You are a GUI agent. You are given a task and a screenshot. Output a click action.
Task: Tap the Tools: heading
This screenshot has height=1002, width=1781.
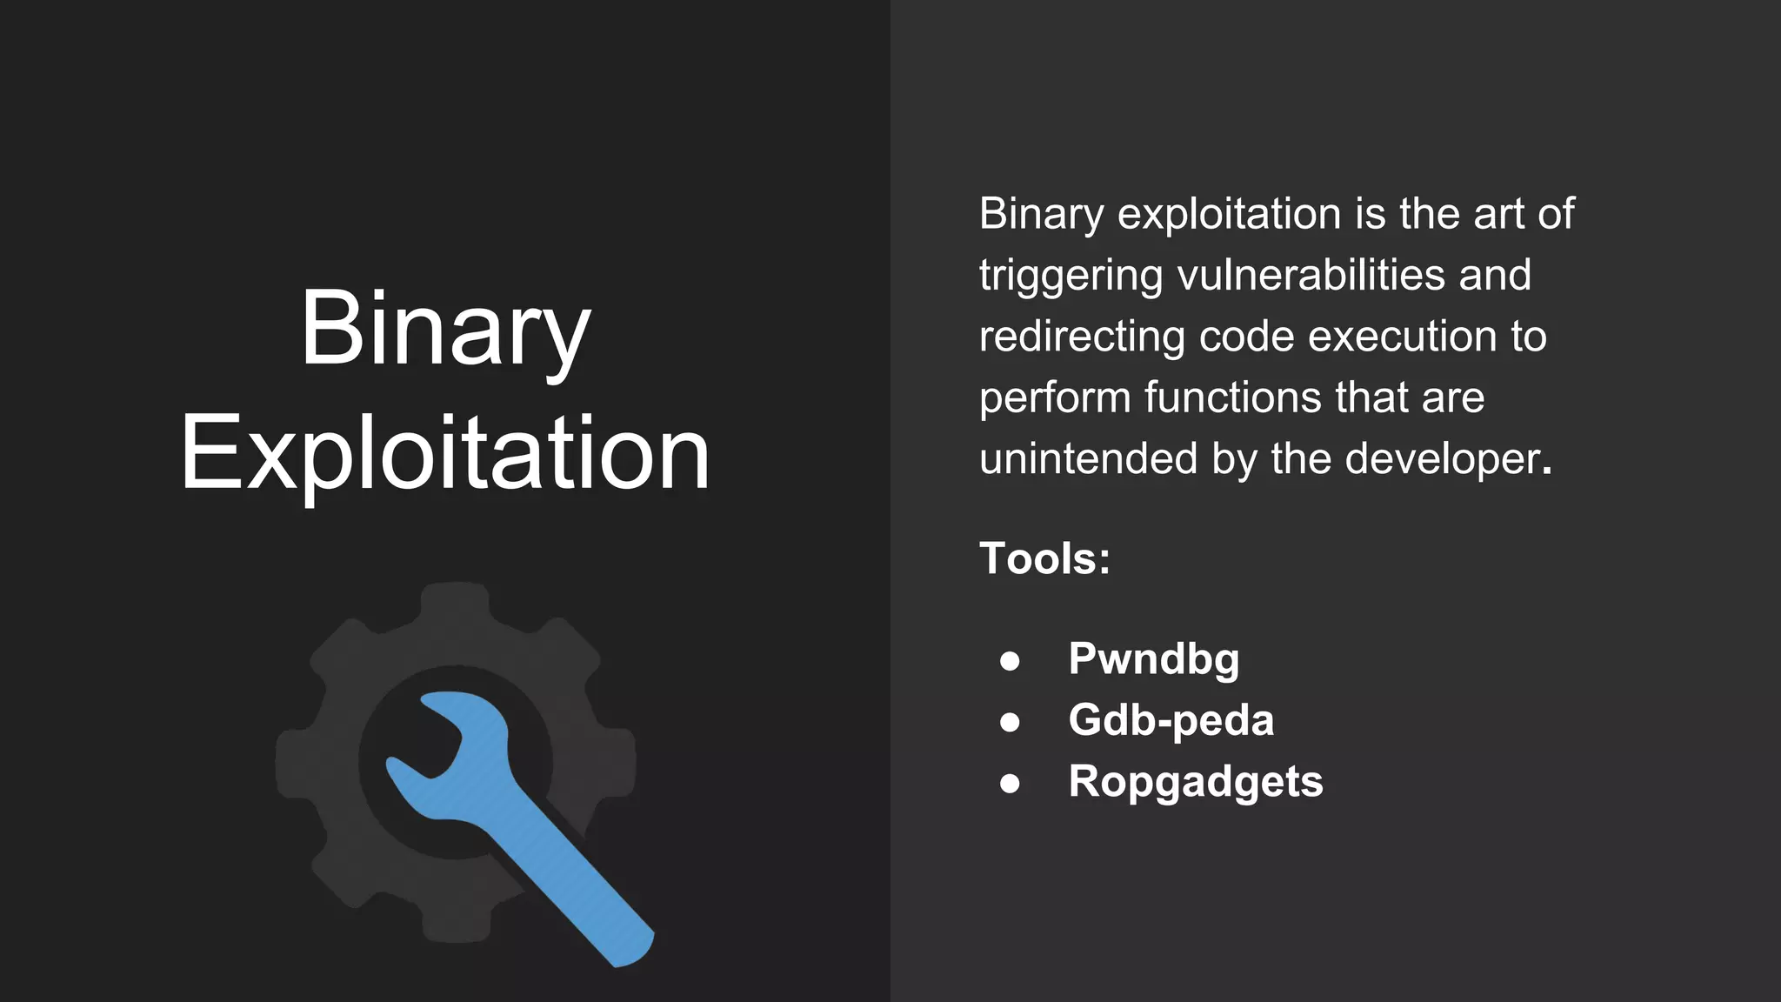pyautogui.click(x=1044, y=558)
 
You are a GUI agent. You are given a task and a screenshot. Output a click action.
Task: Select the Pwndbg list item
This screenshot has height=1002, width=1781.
pyautogui.click(x=1153, y=658)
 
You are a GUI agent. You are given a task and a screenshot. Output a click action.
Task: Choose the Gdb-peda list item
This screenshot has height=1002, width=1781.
pyautogui.click(x=1171, y=720)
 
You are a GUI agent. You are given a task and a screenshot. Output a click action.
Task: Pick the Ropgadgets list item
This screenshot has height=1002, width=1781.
pyautogui.click(x=1195, y=781)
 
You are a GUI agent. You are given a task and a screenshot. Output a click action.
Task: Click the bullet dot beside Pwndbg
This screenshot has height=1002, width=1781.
pyautogui.click(x=1010, y=661)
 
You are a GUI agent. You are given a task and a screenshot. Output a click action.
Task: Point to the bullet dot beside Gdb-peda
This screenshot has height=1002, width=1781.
pyautogui.click(x=1010, y=722)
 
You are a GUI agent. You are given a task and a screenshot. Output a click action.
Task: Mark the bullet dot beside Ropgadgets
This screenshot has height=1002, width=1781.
pyautogui.click(x=1010, y=784)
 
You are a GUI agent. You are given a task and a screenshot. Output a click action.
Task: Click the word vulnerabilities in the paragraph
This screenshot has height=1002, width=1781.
pyautogui.click(x=1311, y=275)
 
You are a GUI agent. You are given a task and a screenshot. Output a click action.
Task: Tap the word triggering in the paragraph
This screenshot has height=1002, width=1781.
pyautogui.click(x=1071, y=277)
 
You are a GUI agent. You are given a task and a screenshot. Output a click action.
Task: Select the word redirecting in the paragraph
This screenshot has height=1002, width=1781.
pyautogui.click(x=1082, y=337)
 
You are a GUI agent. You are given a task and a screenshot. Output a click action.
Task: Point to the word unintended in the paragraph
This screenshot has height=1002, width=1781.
pyautogui.click(x=1088, y=458)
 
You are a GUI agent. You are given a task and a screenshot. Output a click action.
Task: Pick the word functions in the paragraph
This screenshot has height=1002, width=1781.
pyautogui.click(x=1233, y=397)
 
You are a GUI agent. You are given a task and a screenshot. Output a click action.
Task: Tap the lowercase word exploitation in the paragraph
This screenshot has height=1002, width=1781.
pyautogui.click(x=1229, y=215)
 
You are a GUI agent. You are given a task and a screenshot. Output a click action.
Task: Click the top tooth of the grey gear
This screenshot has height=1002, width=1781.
pyautogui.click(x=456, y=600)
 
